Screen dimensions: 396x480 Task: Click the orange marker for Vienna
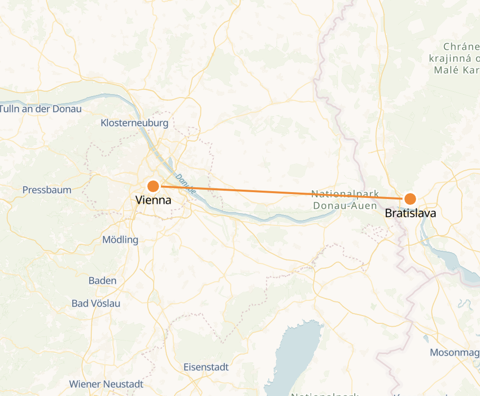[x=153, y=186]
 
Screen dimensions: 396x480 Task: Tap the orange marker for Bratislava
[x=410, y=198]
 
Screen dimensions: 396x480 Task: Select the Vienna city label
[x=153, y=200]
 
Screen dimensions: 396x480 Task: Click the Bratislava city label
[x=410, y=213]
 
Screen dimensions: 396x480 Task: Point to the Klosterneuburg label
[x=134, y=123]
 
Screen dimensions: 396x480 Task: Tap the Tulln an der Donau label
[x=41, y=109]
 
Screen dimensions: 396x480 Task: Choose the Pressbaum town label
[x=47, y=190]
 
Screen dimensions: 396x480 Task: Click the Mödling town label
[x=120, y=239]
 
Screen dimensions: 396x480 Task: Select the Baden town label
[x=102, y=280]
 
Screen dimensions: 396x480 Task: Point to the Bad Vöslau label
[x=96, y=303]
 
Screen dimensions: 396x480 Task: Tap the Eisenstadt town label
[x=206, y=367]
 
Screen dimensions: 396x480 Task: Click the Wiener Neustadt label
[x=106, y=384]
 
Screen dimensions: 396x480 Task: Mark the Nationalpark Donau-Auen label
[x=345, y=199]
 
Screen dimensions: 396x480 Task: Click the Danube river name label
[x=185, y=184]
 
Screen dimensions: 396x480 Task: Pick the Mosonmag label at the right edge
[x=454, y=352]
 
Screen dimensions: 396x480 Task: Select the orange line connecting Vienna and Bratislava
[x=283, y=192]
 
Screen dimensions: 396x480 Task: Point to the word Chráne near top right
[x=461, y=47]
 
